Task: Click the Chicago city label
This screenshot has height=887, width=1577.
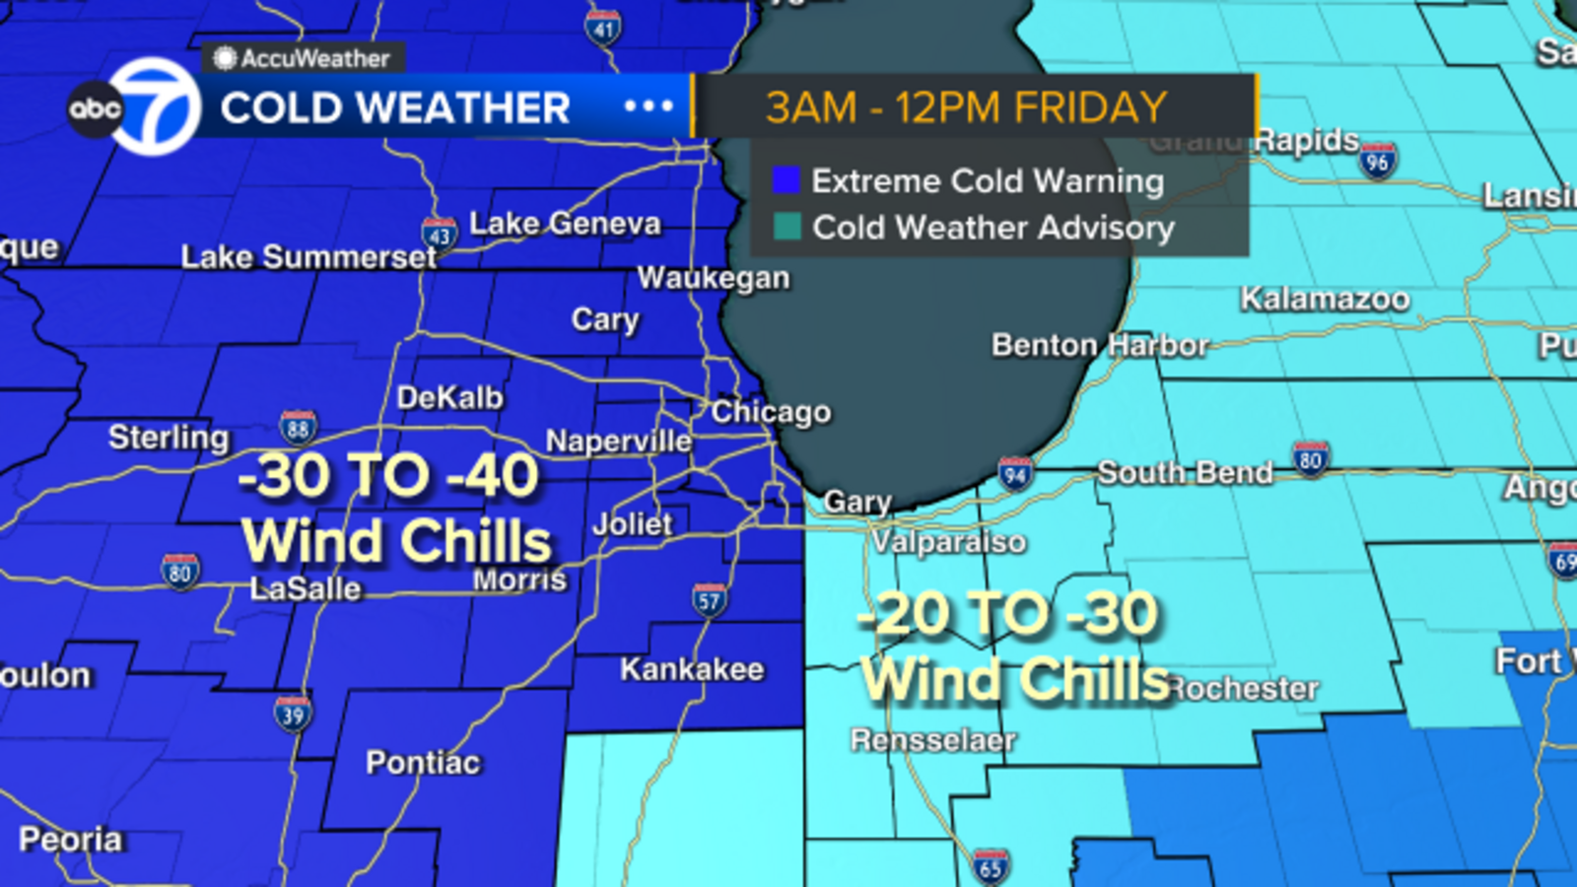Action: [771, 412]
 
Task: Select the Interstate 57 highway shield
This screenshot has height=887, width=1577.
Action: [710, 600]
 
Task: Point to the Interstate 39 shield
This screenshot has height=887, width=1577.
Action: [293, 714]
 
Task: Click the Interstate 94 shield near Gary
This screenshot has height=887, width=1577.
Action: [1015, 474]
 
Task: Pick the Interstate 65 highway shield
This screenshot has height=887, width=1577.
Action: [991, 866]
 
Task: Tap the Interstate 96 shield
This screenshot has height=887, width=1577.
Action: [1377, 161]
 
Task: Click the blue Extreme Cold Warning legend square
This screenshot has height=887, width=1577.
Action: [786, 180]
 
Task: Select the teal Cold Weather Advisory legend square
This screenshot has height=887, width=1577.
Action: [787, 227]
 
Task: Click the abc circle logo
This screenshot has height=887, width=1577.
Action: [95, 108]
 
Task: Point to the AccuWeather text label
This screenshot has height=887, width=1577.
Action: [315, 59]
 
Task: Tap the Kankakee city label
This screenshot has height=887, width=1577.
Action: [692, 670]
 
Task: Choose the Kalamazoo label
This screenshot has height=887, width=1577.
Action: [1325, 299]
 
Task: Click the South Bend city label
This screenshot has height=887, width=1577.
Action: [1185, 473]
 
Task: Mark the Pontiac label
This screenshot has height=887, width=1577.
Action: [423, 763]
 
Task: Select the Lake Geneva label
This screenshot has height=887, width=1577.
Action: [565, 224]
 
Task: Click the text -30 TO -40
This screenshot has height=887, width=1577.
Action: [389, 476]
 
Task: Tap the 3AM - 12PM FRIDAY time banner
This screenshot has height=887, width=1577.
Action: [966, 107]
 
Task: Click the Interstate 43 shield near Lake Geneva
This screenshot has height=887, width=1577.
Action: [440, 235]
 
